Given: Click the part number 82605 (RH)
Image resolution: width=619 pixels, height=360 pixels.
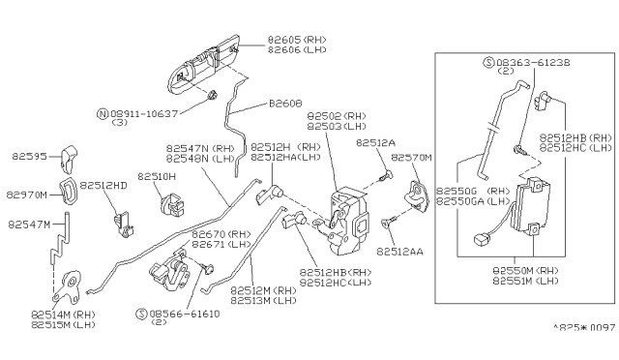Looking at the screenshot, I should (x=297, y=40).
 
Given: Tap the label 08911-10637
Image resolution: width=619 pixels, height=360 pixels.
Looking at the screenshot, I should (x=146, y=113).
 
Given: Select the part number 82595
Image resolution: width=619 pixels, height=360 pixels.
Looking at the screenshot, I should (x=30, y=154).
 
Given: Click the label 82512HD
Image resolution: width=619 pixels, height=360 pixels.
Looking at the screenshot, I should (x=103, y=185).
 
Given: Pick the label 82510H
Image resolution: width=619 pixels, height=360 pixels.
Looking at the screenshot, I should (x=156, y=177).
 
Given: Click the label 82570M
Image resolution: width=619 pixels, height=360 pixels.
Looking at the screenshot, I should (x=413, y=157).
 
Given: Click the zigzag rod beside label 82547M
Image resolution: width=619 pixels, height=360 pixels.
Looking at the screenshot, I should (x=59, y=248).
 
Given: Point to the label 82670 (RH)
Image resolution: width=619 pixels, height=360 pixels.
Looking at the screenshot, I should (x=221, y=234).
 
